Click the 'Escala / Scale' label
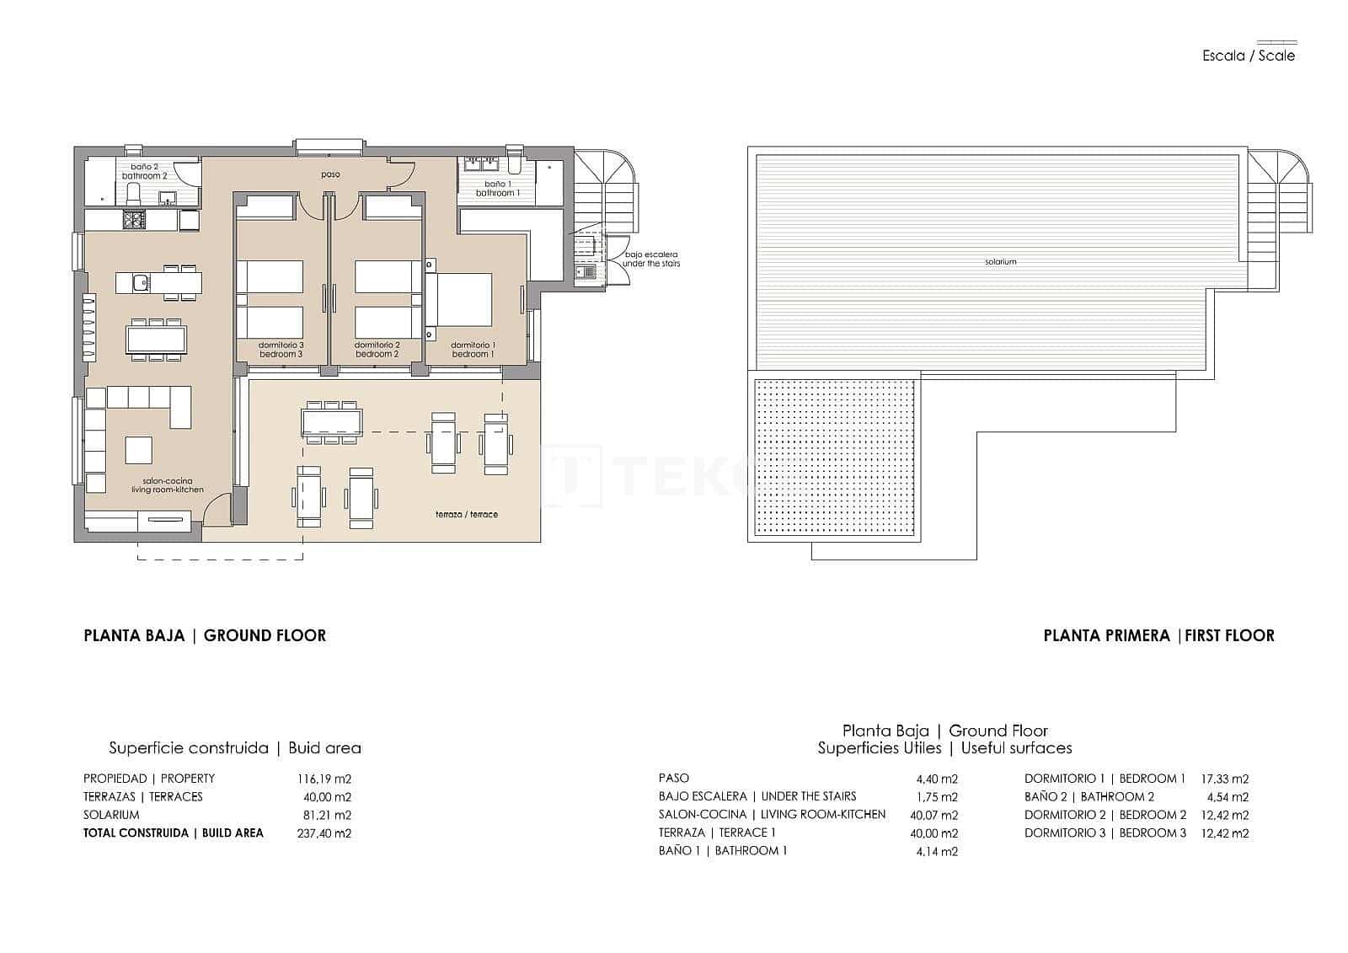click(x=1248, y=56)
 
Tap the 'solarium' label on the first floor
click(x=1000, y=262)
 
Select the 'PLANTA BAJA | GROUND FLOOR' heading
click(x=205, y=635)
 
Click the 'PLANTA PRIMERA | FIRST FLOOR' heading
click(x=1158, y=635)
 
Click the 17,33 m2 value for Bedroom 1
click(x=1224, y=779)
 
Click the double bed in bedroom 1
click(x=459, y=299)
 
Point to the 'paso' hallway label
click(x=330, y=175)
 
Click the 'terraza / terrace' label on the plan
click(x=466, y=514)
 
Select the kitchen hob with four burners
click(x=135, y=220)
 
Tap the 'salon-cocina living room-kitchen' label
click(x=167, y=485)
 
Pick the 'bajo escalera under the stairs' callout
click(x=650, y=259)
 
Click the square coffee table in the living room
click(x=139, y=449)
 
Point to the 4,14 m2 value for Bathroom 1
click(x=937, y=851)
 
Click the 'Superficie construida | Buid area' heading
click(x=235, y=747)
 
